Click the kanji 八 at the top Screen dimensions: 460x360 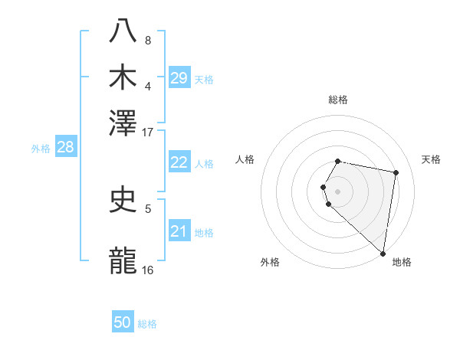123,31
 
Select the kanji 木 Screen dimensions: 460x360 123,76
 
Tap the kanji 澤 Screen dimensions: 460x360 123,122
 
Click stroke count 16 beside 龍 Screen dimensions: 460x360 147,270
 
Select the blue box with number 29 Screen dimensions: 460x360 179,78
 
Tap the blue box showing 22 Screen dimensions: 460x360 179,162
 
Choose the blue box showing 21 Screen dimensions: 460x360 179,231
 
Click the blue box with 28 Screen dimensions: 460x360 65,148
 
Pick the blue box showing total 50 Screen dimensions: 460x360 123,322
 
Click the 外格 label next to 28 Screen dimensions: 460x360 41,149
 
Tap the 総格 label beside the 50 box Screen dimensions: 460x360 147,324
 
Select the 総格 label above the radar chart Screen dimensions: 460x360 337,100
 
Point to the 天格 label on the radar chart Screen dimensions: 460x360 431,159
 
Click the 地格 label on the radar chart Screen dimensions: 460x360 402,262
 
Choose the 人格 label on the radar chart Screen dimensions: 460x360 245,159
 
